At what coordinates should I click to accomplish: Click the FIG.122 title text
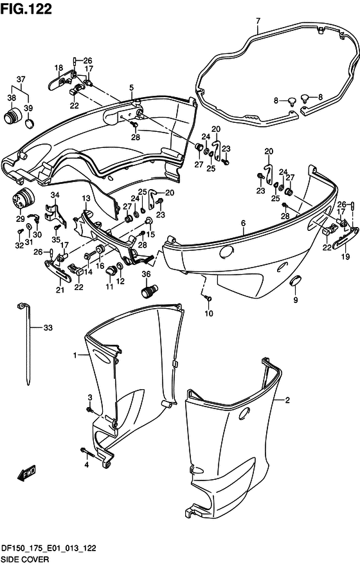[x=26, y=8]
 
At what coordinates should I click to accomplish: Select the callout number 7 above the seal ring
[x=258, y=21]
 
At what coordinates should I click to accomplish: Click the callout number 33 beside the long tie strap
[x=48, y=327]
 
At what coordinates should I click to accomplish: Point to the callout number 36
[x=146, y=275]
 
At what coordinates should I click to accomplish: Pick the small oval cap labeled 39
[x=30, y=123]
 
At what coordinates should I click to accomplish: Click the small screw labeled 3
[x=89, y=410]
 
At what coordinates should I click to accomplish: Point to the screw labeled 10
[x=208, y=298]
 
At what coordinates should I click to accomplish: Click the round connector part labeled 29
[x=23, y=198]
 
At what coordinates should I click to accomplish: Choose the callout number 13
[x=86, y=199]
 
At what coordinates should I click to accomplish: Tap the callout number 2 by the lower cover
[x=287, y=400]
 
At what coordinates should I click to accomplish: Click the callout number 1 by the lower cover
[x=75, y=356]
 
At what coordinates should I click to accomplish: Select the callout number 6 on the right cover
[x=244, y=223]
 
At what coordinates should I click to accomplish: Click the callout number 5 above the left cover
[x=131, y=87]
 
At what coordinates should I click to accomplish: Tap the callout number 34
[x=55, y=196]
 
